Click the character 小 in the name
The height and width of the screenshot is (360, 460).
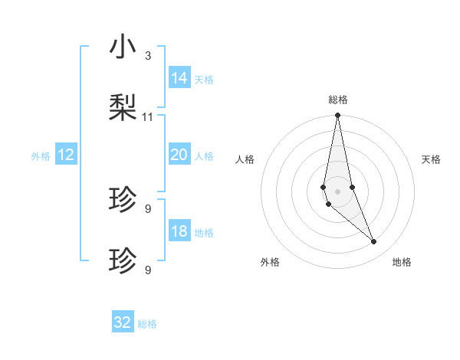tap(123, 47)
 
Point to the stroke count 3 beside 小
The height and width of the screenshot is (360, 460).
tap(148, 56)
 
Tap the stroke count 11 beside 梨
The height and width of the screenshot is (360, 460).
tap(148, 117)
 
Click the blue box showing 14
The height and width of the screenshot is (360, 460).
tap(179, 78)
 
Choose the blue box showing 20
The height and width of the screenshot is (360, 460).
tap(179, 155)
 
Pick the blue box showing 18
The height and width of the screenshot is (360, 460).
tap(179, 231)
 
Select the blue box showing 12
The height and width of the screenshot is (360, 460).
tap(66, 155)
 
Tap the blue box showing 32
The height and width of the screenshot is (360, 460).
tap(123, 322)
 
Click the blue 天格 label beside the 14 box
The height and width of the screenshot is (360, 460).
tap(204, 80)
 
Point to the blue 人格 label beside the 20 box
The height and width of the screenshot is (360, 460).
tap(204, 156)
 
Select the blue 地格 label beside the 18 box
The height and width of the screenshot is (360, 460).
tap(204, 233)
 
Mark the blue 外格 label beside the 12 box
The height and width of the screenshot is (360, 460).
tap(41, 156)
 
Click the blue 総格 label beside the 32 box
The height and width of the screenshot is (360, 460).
tap(147, 324)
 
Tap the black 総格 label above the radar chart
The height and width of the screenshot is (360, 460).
tap(338, 100)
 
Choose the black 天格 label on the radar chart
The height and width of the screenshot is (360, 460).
tap(432, 159)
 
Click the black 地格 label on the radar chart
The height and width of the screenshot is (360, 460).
tap(402, 262)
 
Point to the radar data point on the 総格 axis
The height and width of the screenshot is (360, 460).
tap(337, 116)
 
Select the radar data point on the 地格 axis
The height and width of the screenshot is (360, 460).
tap(374, 242)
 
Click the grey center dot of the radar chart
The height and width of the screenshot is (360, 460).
tap(337, 191)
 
